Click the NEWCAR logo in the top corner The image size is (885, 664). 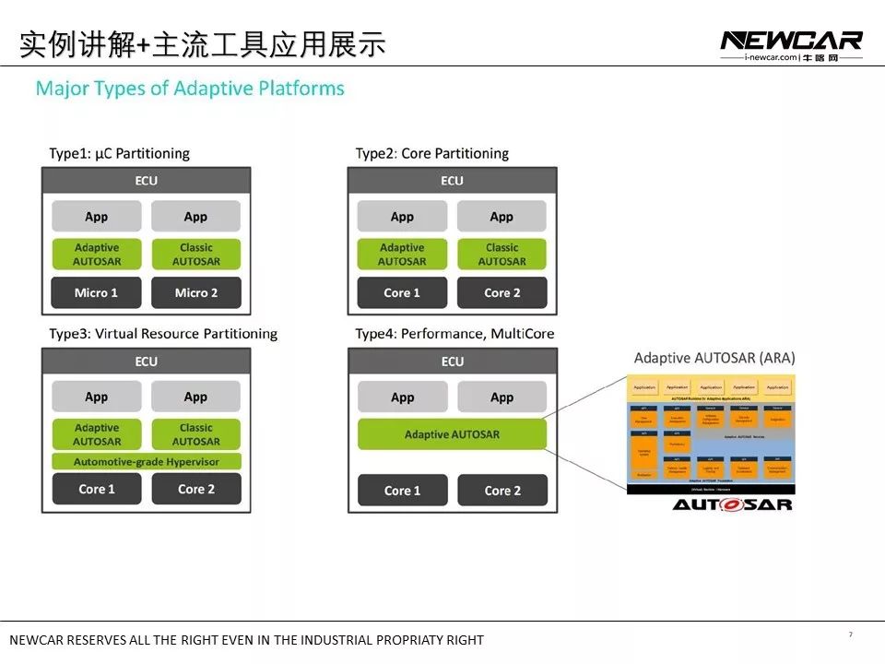tap(791, 41)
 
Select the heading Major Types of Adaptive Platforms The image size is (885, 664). tap(190, 89)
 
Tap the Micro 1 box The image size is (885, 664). tap(97, 293)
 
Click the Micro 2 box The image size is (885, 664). tap(195, 293)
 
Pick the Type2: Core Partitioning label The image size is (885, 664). tap(432, 153)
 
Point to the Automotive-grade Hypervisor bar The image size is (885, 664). tap(146, 460)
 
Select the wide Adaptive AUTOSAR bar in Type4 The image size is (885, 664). tap(452, 434)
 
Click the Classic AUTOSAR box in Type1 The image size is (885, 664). tap(195, 255)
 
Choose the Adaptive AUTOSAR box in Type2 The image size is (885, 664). tap(402, 255)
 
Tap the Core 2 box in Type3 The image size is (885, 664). tap(195, 489)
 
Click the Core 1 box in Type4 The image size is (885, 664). tap(402, 491)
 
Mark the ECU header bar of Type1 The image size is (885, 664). tap(146, 181)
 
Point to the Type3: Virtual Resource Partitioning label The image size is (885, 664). tap(163, 334)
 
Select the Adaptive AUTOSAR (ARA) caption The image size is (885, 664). tap(714, 358)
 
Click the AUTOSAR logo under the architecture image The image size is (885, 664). tap(732, 504)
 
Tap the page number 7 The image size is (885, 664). tap(850, 634)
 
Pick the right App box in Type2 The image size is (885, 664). tap(501, 217)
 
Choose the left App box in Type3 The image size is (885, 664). tap(97, 397)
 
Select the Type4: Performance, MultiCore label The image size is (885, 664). tap(454, 334)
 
